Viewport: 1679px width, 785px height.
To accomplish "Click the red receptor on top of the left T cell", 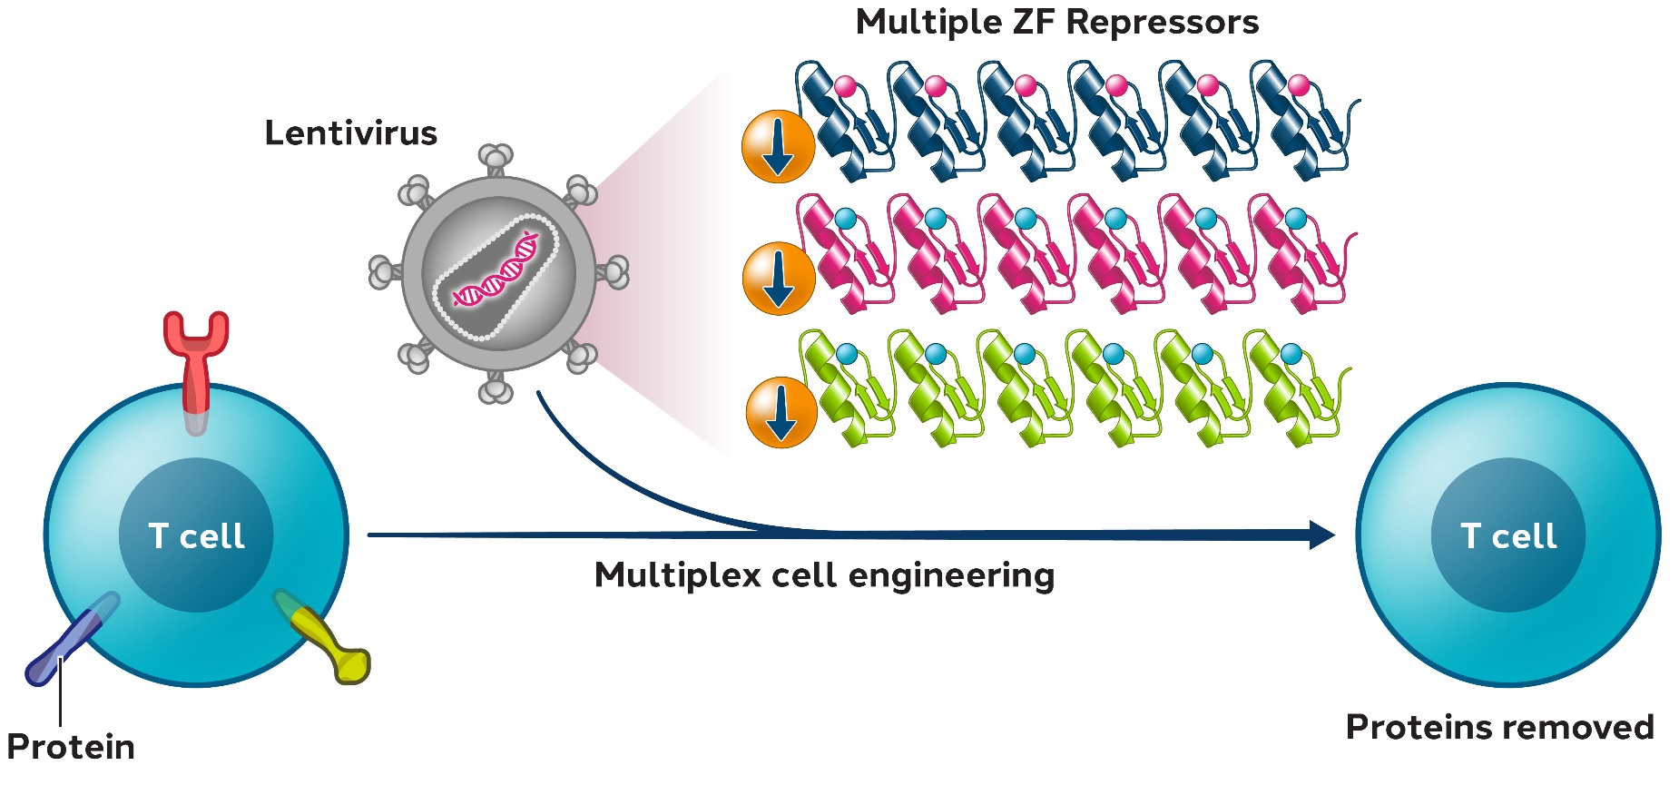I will click(196, 363).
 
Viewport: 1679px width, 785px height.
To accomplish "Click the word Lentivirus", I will click(350, 133).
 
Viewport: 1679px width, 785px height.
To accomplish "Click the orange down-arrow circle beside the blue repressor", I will click(778, 147).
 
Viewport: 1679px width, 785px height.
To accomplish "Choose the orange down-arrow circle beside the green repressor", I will click(781, 412).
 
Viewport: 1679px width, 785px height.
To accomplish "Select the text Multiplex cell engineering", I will click(824, 575).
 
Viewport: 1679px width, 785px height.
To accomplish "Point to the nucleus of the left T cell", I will click(196, 535).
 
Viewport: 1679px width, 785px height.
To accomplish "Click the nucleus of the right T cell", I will click(1507, 535).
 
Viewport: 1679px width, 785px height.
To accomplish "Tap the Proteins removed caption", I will click(1499, 728).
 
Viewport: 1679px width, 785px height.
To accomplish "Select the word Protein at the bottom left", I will click(71, 748).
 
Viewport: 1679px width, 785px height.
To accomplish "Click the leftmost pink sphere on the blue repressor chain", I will click(845, 86).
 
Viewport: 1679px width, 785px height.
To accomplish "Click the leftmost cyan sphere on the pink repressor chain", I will click(845, 219).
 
